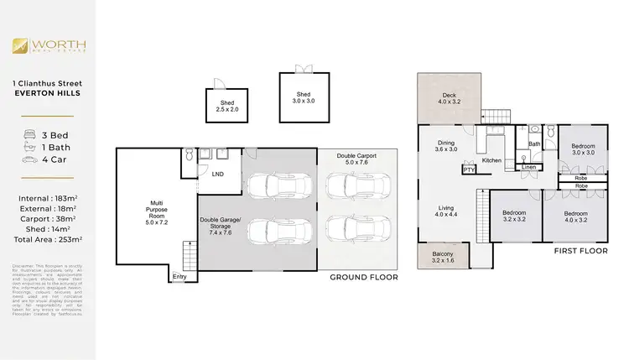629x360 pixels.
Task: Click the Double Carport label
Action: pyautogui.click(x=356, y=159)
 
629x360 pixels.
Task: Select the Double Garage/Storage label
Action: pyautogui.click(x=220, y=227)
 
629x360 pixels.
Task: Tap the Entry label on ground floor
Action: pyautogui.click(x=179, y=277)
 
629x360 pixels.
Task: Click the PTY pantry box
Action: pyautogui.click(x=467, y=170)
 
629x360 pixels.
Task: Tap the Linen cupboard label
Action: pyautogui.click(x=528, y=168)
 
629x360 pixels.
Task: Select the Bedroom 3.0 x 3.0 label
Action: pyautogui.click(x=583, y=149)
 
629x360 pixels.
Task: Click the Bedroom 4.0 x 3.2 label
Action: pyautogui.click(x=577, y=217)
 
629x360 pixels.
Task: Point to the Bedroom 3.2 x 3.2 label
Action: pyautogui.click(x=513, y=217)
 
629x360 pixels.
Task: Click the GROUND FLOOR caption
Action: pyautogui.click(x=363, y=277)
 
